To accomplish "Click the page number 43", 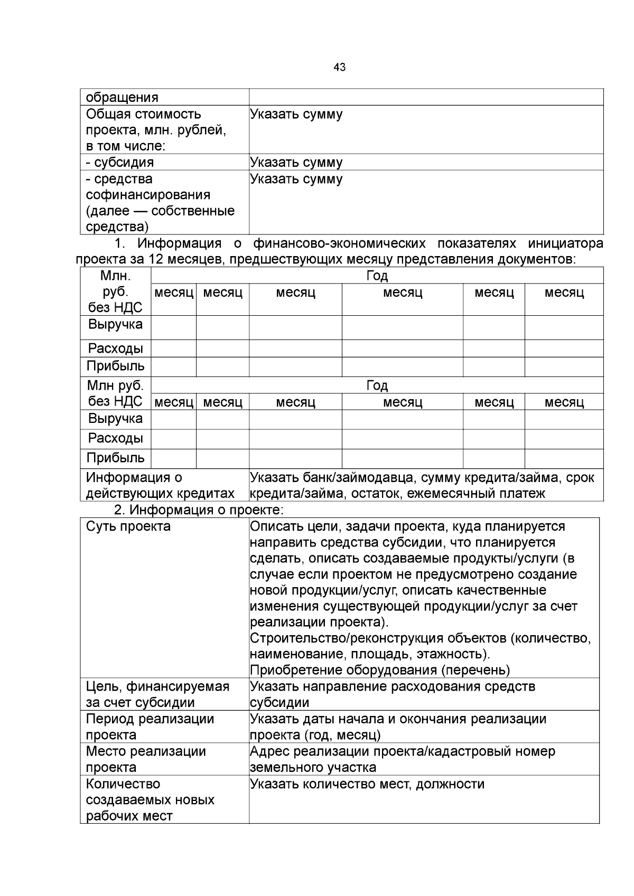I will point(340,67).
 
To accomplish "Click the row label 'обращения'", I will point(122,97).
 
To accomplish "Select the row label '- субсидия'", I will point(120,162).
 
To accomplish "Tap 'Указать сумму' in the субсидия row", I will point(296,162).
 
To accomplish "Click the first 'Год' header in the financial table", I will point(377,276).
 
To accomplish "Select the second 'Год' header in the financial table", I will point(377,385).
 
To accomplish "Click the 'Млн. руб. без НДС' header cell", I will point(115,291).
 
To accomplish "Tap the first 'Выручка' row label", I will point(115,324).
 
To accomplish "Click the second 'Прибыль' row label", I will point(115,458).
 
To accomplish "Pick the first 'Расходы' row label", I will point(115,348).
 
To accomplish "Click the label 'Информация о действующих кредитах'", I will point(160,485).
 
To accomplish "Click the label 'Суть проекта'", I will point(128,526).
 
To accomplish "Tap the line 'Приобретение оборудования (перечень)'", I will point(379,670).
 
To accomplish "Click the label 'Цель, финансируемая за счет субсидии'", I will point(157,694).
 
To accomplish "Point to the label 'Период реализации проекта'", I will point(150,727).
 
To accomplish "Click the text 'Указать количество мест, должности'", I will point(367,784).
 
